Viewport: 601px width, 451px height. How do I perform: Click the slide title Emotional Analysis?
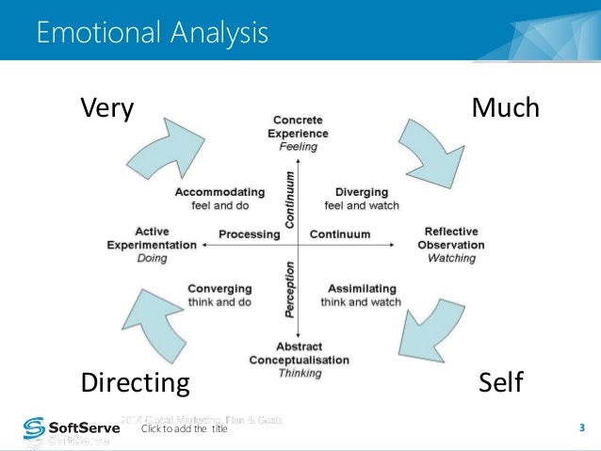point(152,34)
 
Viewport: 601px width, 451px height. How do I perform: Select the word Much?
point(505,109)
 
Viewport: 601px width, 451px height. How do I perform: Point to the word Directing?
point(135,383)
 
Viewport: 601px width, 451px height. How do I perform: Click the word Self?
point(499,383)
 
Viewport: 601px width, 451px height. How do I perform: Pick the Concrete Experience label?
point(298,134)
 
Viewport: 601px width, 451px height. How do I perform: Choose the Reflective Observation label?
point(451,244)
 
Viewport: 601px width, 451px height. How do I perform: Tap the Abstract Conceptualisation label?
point(299,360)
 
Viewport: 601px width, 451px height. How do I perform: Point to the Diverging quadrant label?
point(361,198)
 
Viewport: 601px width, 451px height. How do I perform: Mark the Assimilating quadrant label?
point(361,295)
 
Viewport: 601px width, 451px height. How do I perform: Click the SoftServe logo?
point(65,430)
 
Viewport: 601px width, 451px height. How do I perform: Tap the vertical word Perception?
point(290,291)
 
